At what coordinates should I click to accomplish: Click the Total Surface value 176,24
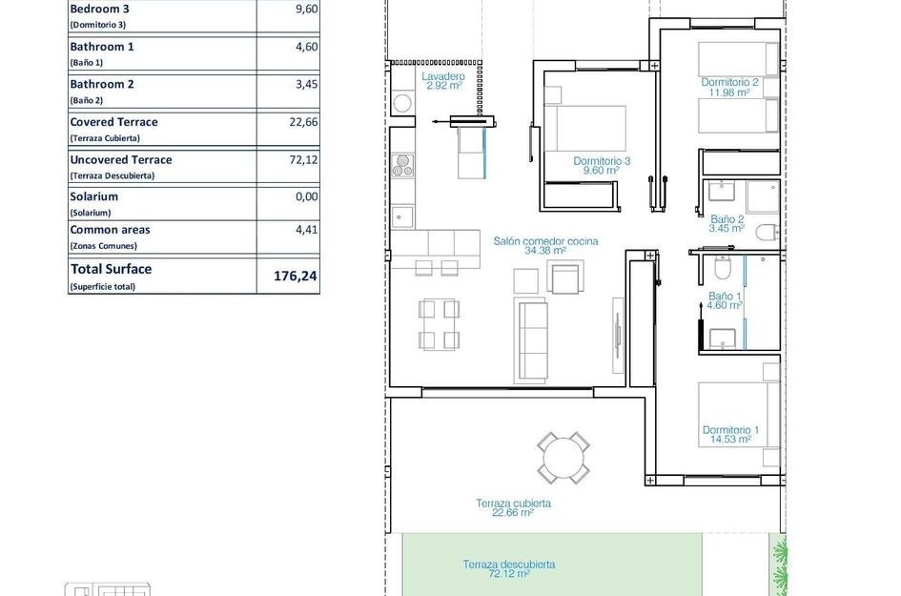point(302,277)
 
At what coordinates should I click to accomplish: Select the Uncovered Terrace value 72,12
point(303,160)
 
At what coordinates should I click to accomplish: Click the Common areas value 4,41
point(305,230)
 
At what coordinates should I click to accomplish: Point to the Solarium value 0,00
point(305,197)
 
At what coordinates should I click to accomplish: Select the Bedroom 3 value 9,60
point(305,10)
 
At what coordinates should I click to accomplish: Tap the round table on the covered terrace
point(563,458)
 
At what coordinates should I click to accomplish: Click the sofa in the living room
point(532,339)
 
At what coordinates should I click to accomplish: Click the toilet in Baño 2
point(768,233)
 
